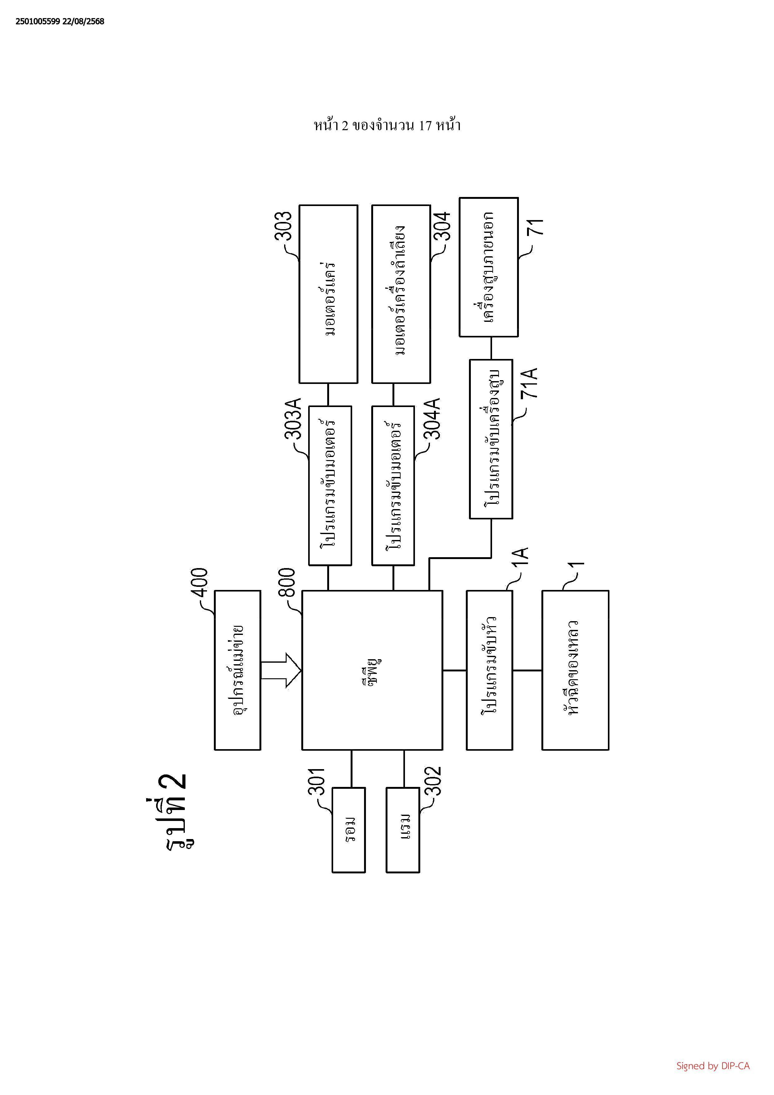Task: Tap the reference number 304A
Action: pos(432,418)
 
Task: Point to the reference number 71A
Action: pos(529,383)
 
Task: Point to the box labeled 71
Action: pos(488,267)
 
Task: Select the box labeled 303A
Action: pos(330,485)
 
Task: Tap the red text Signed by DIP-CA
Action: pos(712,1065)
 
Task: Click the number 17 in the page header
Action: pos(425,126)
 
